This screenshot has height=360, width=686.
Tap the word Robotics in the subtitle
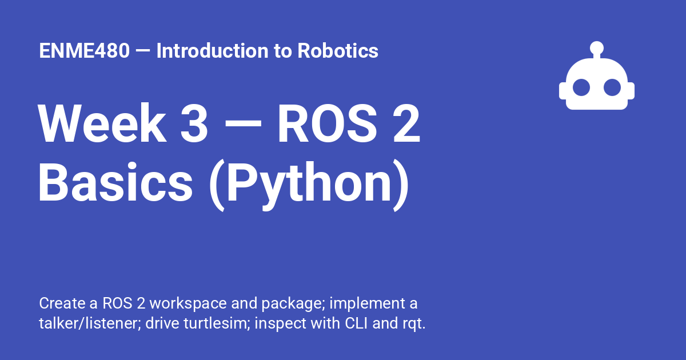[338, 51]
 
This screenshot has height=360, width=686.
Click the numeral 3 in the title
[194, 123]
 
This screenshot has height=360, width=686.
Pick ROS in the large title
[323, 123]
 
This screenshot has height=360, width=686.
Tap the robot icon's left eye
[581, 87]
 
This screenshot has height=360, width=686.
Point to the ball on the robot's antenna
[597, 47]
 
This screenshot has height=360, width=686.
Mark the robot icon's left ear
[562, 91]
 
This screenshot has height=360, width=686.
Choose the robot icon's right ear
[632, 91]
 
